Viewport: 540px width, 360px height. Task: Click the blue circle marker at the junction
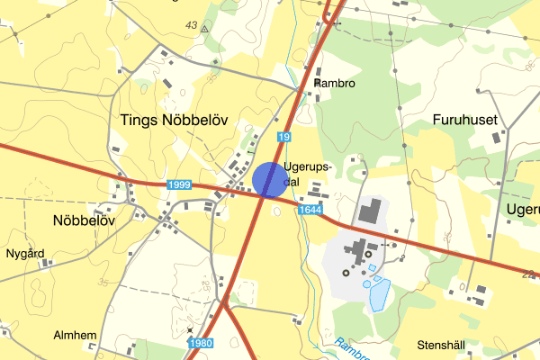(270, 179)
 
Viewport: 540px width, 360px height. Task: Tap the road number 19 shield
(284, 137)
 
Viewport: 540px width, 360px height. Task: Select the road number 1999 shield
(179, 184)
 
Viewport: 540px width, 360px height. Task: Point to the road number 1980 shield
(202, 343)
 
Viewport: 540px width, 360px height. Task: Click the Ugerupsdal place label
(308, 174)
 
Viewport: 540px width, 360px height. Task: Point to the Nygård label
(26, 254)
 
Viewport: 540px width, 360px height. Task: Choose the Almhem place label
(76, 336)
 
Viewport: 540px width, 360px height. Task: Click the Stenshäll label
(442, 345)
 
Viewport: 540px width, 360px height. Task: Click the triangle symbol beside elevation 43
(205, 29)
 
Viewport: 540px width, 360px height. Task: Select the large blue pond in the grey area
(380, 293)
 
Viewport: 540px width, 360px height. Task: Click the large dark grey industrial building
(369, 212)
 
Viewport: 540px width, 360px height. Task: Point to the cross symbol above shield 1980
(190, 329)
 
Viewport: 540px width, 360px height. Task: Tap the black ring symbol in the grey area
(344, 273)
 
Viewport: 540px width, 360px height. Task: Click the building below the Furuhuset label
(496, 139)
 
